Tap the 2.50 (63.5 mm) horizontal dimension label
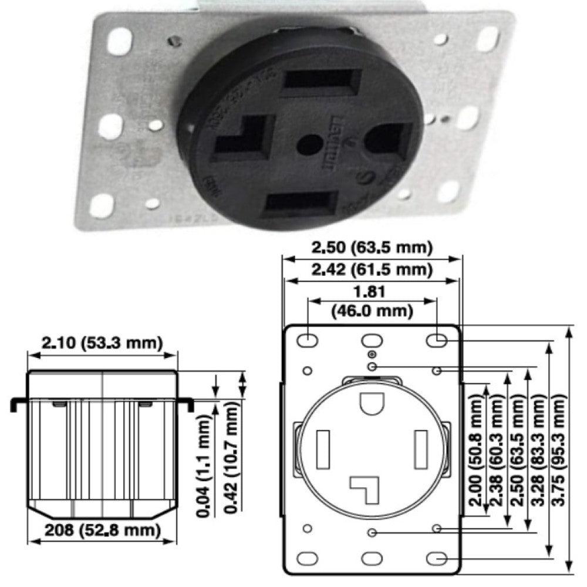pyautogui.click(x=372, y=247)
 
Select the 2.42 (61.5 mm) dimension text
pyautogui.click(x=372, y=270)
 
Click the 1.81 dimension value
pyautogui.click(x=372, y=292)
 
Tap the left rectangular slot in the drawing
pyautogui.click(x=323, y=448)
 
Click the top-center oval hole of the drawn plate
pyautogui.click(x=372, y=340)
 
